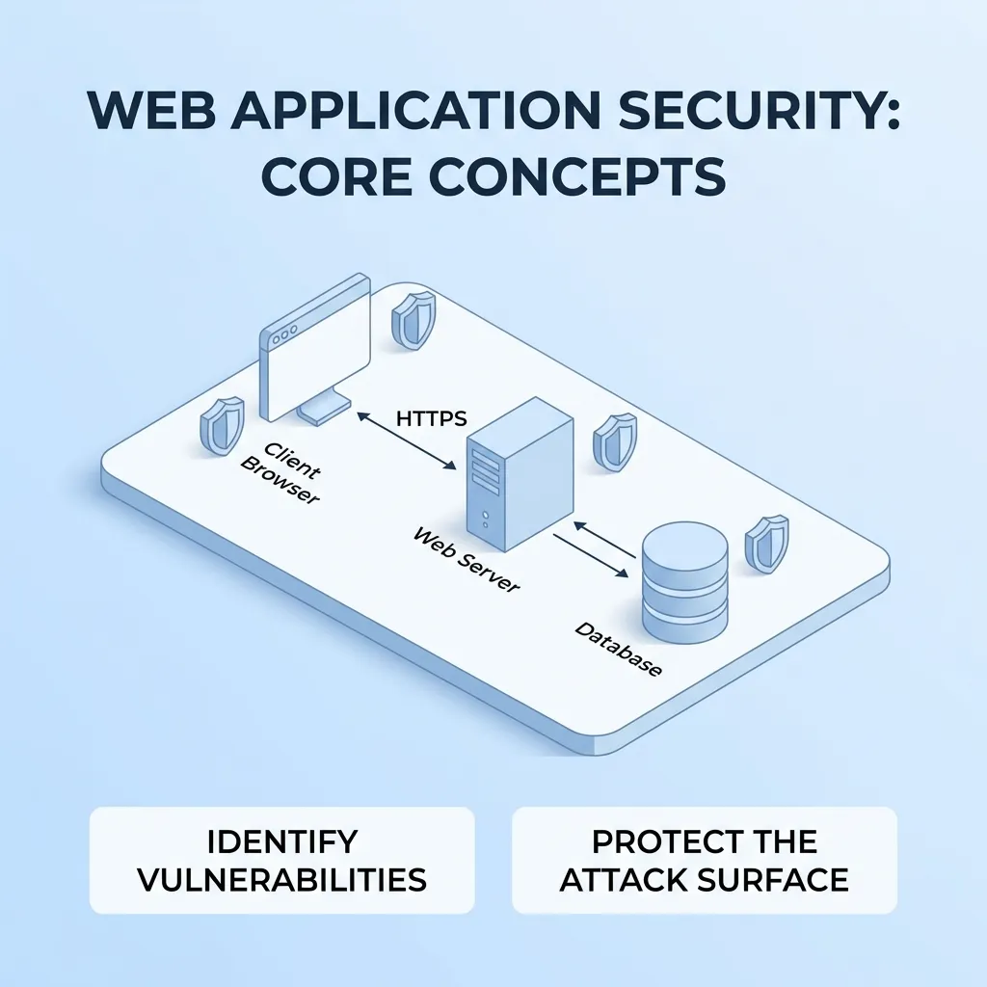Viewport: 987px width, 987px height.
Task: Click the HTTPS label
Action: click(431, 418)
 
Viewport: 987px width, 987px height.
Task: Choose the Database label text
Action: click(618, 649)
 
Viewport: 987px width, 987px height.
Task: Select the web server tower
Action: click(520, 474)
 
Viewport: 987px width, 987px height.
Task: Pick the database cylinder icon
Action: click(685, 582)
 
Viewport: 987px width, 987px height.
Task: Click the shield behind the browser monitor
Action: click(413, 319)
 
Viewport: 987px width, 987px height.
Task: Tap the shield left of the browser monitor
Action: click(222, 425)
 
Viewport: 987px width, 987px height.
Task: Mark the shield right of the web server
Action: click(615, 441)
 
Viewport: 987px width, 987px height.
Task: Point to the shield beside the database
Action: click(766, 545)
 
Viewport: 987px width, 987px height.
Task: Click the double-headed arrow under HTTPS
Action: click(407, 440)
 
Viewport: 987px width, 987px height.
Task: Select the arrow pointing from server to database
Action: click(591, 555)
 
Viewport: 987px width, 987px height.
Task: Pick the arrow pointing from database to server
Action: click(604, 540)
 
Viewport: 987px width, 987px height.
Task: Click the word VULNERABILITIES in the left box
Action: click(282, 879)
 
